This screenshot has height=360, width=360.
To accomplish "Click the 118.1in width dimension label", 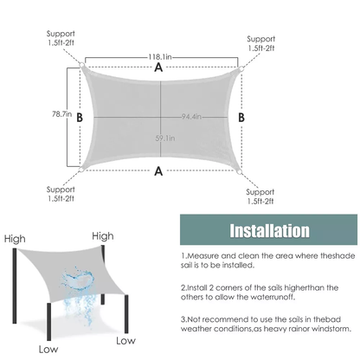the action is coord(160,57).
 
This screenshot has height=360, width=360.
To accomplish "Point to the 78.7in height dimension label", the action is coord(61,114).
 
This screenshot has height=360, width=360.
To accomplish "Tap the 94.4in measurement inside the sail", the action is coord(191,117).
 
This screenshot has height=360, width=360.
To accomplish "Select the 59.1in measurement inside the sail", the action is coord(165,138).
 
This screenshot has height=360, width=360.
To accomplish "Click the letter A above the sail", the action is coord(158,67).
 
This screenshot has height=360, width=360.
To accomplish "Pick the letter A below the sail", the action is coord(158,171).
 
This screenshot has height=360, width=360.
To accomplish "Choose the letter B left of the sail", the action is coord(80,118).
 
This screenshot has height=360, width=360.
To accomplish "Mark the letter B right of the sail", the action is coord(241,118).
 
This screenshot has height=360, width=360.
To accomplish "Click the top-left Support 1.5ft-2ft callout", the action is coord(61,38).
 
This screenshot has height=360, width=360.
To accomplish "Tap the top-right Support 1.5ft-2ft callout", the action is coord(260,43).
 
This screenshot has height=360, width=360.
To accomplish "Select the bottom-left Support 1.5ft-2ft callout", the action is coord(61,194).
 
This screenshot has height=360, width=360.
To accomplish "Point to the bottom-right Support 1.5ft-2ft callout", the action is coord(260,196).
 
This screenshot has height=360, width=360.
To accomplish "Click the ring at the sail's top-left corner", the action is coord(81,65).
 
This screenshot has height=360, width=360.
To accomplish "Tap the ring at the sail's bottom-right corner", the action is coord(239,172).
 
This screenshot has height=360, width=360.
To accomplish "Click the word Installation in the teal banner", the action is coord(269,230).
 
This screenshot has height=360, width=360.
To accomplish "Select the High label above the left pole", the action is coord(15,239).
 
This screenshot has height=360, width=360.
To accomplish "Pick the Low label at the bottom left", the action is coord(48,350).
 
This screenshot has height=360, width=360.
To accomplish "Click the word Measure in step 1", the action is coord(203,256).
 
